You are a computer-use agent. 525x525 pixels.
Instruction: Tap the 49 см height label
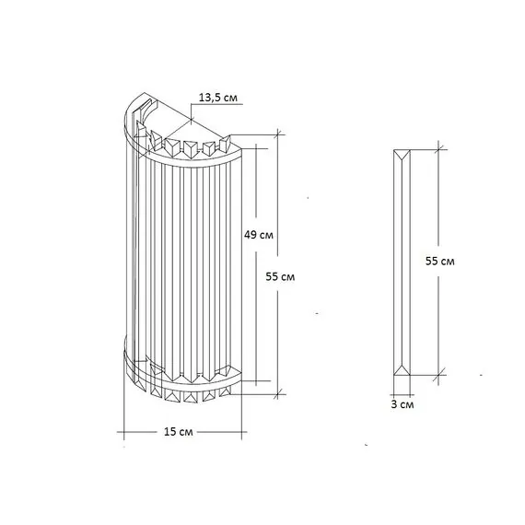pyautogui.click(x=259, y=235)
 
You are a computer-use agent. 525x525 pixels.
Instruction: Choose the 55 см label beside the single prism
pyautogui.click(x=440, y=262)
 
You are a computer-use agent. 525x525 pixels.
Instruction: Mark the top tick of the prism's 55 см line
pyautogui.click(x=437, y=147)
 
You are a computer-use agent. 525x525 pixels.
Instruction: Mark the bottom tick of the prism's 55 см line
pyautogui.click(x=437, y=375)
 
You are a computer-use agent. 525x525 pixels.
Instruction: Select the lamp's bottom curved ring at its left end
pyautogui.click(x=127, y=352)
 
